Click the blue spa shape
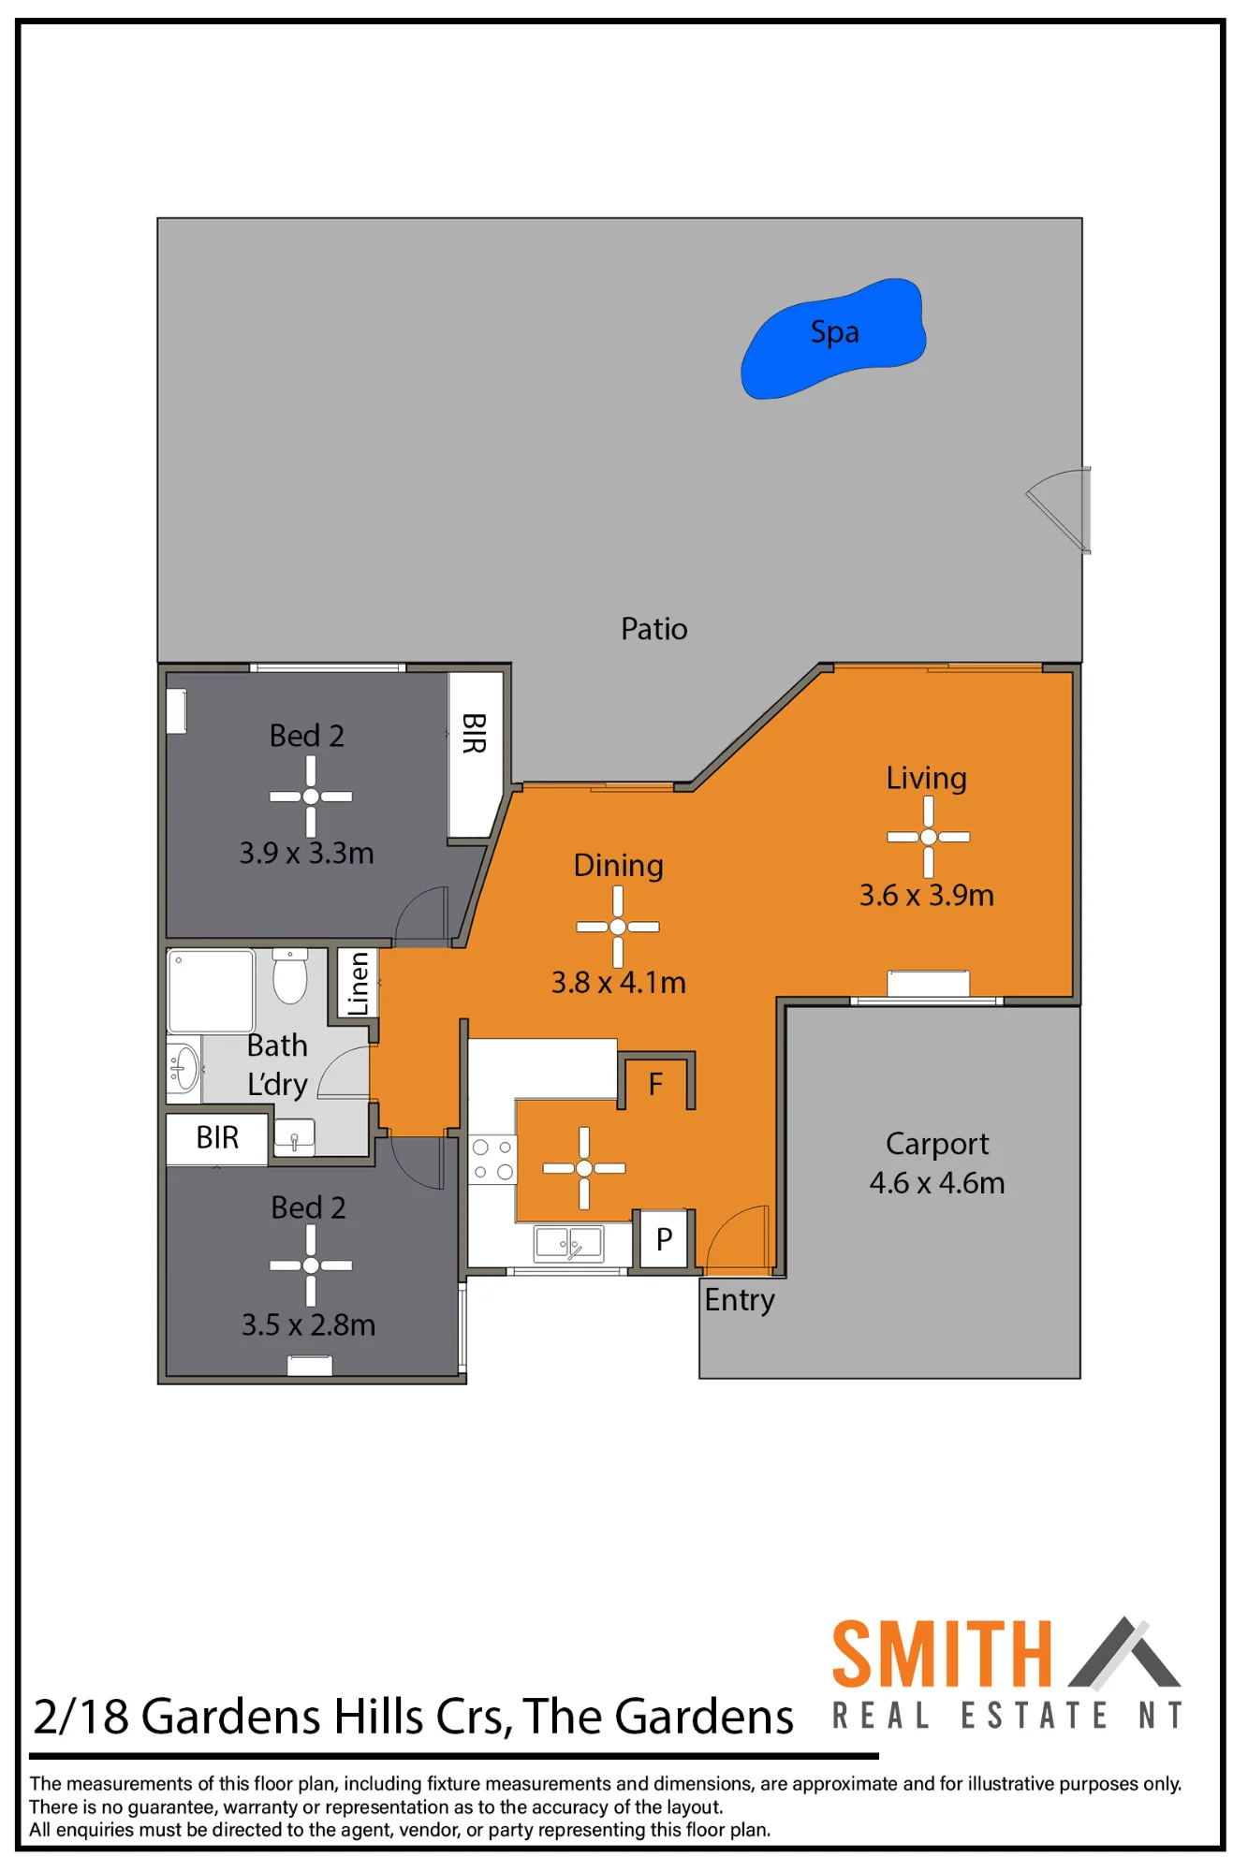832,339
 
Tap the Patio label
653,629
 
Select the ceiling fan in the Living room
928,837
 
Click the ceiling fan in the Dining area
617,927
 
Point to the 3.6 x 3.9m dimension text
927,896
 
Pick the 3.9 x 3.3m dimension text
306,854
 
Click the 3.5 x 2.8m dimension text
308,1325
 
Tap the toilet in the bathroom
290,976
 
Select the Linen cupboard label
358,983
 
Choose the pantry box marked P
665,1239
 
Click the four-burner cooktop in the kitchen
492,1159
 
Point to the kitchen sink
569,1244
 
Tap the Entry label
740,1301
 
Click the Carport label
937,1145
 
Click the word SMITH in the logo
942,1655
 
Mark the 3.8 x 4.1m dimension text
618,983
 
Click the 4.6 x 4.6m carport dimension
937,1183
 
